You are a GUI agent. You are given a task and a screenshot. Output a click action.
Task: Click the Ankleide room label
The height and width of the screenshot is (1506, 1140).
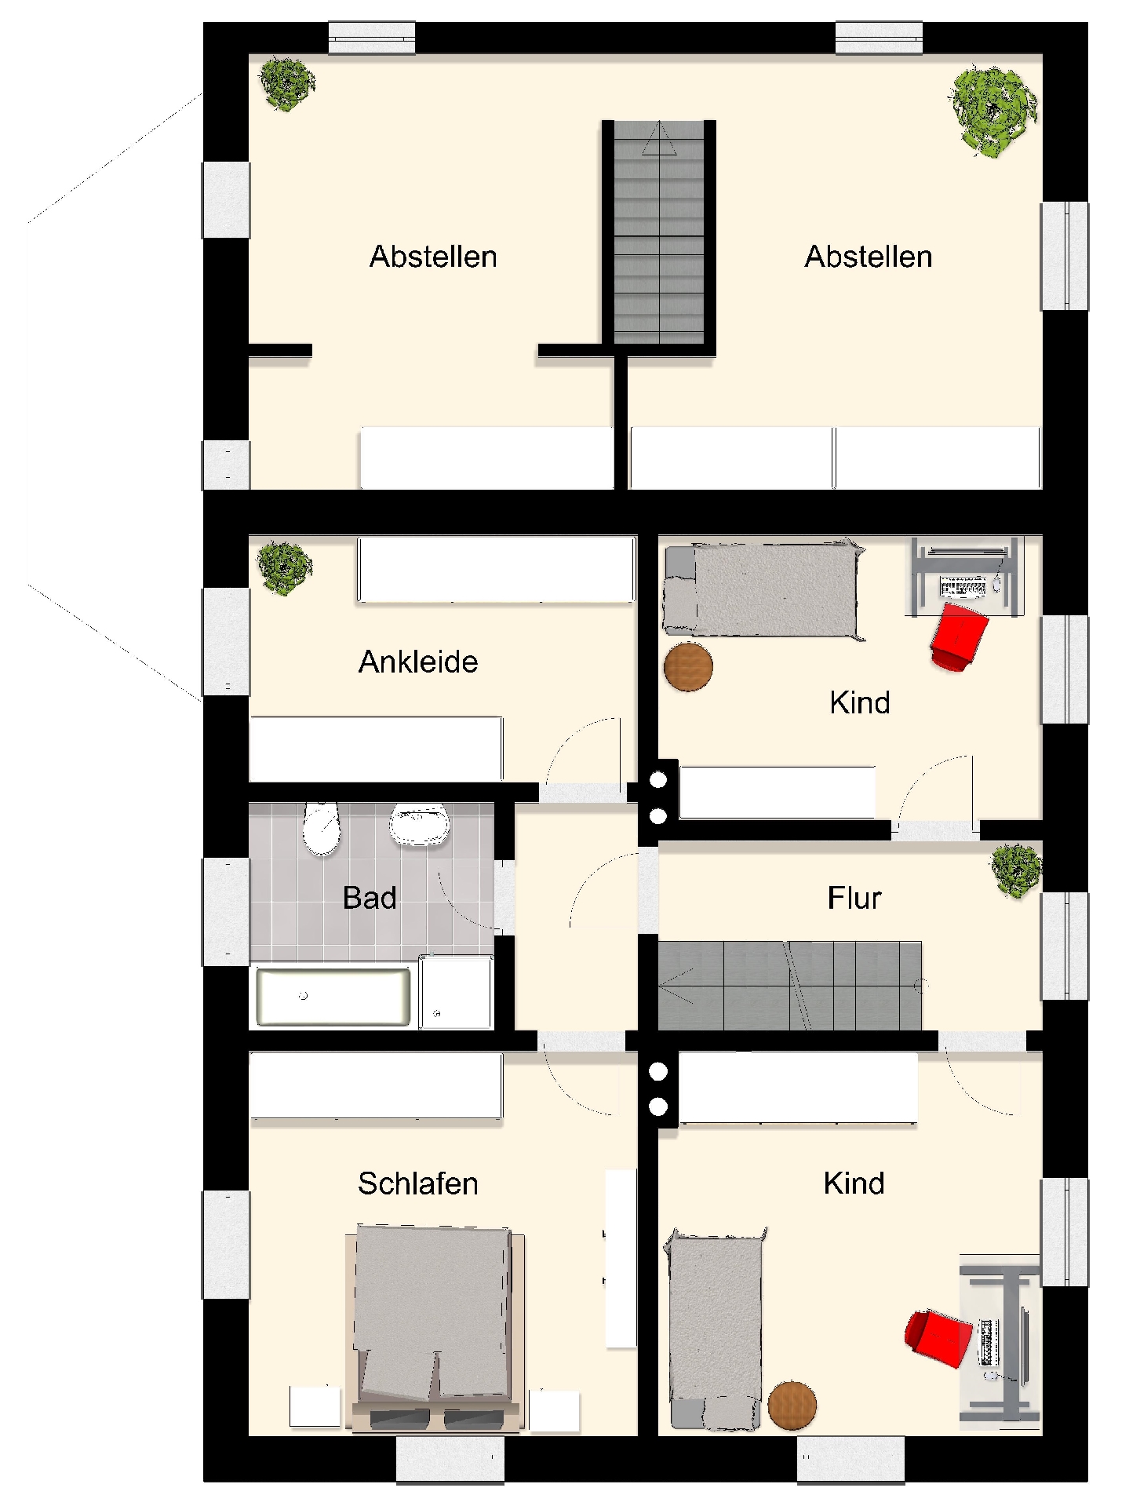pos(418,662)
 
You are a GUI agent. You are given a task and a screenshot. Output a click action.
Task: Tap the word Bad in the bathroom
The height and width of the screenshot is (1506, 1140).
pos(370,898)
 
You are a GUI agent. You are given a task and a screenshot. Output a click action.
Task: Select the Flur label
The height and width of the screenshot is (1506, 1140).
pos(854,898)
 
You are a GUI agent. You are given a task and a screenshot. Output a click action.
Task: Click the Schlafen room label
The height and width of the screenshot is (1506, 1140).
pos(418,1183)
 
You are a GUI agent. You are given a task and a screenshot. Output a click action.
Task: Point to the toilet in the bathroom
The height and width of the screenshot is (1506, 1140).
pos(322,829)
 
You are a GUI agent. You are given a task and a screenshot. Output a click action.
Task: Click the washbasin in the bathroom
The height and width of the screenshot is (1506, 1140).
pos(420,824)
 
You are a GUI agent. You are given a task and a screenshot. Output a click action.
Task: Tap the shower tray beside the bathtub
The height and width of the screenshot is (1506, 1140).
pos(456,993)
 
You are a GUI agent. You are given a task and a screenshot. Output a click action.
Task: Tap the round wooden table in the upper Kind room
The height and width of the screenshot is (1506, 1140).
pos(688,667)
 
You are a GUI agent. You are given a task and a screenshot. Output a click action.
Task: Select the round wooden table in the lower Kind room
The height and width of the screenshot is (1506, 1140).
pos(792,1405)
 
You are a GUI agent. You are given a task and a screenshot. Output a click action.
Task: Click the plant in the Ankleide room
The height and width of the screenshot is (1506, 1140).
pos(284,567)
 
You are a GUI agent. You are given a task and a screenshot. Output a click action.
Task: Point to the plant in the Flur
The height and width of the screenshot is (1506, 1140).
pos(1016,870)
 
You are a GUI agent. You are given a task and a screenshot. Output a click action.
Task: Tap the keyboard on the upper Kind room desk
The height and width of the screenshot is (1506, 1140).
pos(963,586)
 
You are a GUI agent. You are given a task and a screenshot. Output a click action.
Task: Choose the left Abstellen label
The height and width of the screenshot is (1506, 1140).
pos(433,257)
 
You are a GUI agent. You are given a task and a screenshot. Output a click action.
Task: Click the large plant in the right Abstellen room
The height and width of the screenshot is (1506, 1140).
pos(992,111)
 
